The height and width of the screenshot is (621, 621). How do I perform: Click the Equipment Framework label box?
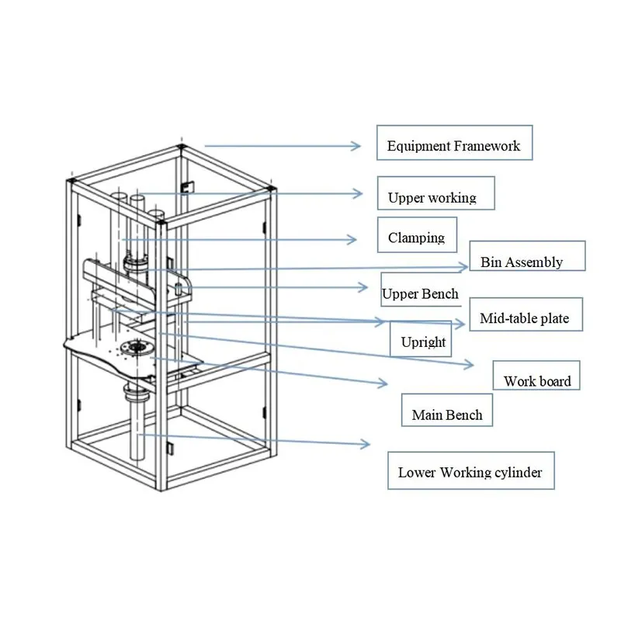[454, 144]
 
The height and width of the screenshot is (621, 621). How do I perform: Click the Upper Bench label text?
[420, 294]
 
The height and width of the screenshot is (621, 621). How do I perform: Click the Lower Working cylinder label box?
[470, 470]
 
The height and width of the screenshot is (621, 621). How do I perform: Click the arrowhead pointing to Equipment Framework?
[358, 145]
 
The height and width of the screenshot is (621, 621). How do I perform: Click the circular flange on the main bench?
[140, 347]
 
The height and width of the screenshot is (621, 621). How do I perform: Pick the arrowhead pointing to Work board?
[472, 363]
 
